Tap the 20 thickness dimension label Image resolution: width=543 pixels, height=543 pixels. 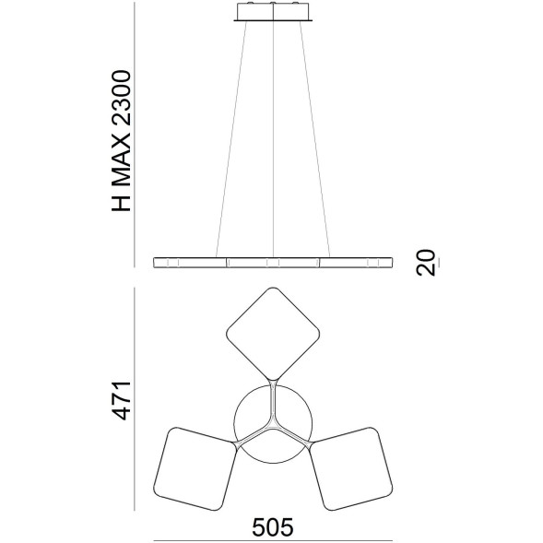[425, 263]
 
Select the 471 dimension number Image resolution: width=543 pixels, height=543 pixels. [122, 398]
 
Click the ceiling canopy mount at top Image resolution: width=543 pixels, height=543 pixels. [274, 12]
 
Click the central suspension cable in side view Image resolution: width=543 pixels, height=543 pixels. [274, 138]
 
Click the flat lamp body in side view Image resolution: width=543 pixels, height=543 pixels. [274, 263]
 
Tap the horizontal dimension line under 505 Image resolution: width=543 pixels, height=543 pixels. [273, 541]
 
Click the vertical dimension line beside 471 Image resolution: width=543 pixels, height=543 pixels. [136, 398]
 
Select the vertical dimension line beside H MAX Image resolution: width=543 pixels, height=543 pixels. [135, 138]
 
